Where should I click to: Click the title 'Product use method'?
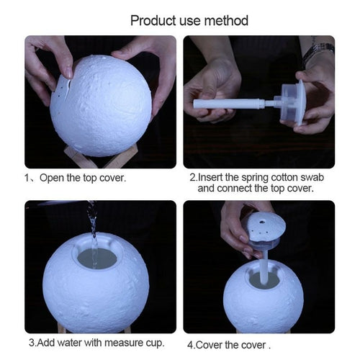[189, 19]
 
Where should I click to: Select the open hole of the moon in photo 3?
[96, 258]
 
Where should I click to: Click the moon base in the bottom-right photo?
[263, 299]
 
